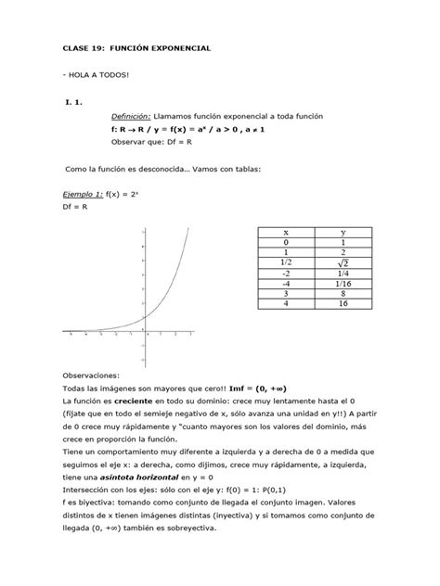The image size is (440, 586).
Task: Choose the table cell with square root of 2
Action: pos(343,263)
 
